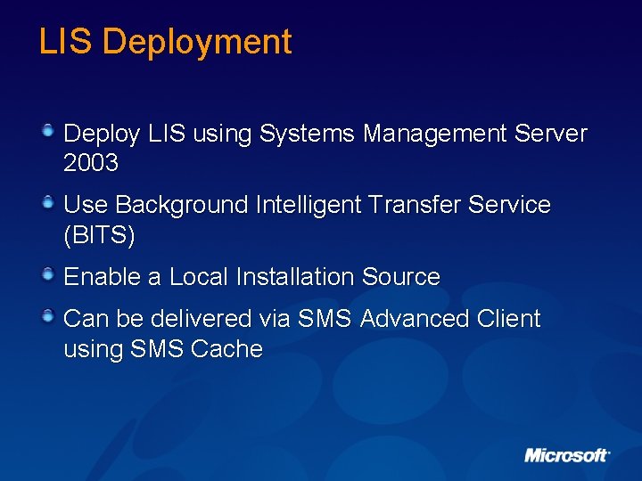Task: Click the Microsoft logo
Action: [x=566, y=455]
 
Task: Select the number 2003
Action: [x=91, y=164]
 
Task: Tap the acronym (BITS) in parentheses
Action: [x=99, y=236]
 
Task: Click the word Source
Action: [x=401, y=277]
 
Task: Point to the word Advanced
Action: [x=413, y=319]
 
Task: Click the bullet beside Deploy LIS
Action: [x=50, y=132]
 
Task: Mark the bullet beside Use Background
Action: [x=50, y=203]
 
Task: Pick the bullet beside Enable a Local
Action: [x=50, y=275]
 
